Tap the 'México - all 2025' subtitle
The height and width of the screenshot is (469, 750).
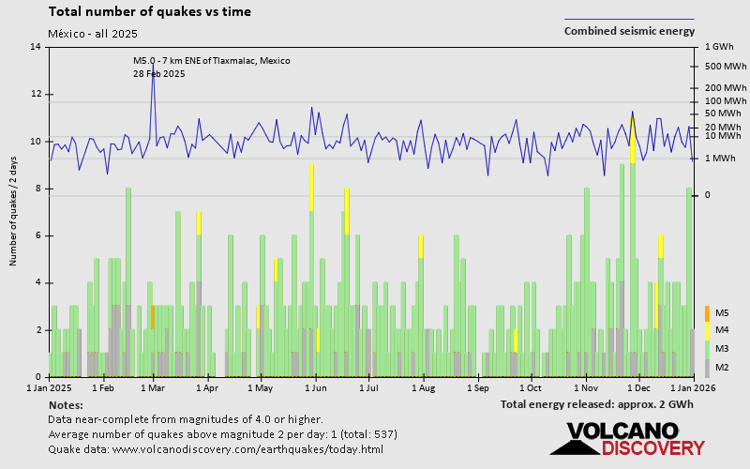(x=93, y=34)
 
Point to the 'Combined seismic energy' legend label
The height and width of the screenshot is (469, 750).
(x=629, y=31)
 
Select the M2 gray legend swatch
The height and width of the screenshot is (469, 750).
(x=708, y=367)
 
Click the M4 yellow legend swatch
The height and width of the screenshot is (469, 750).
(x=708, y=330)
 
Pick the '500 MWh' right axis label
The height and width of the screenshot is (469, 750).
(x=724, y=67)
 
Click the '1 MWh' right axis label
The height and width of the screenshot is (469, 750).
(x=720, y=159)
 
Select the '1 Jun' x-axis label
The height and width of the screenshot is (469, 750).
(x=315, y=386)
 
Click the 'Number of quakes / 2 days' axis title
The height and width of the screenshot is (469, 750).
(x=14, y=212)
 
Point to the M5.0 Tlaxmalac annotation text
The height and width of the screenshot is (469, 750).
(x=211, y=61)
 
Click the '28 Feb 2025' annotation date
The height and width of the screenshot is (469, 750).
(x=159, y=73)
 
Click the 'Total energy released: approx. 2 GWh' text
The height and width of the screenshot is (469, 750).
(x=597, y=404)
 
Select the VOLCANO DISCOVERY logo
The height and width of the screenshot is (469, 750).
(x=621, y=439)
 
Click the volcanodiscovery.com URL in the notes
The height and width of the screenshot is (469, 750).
(x=247, y=449)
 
